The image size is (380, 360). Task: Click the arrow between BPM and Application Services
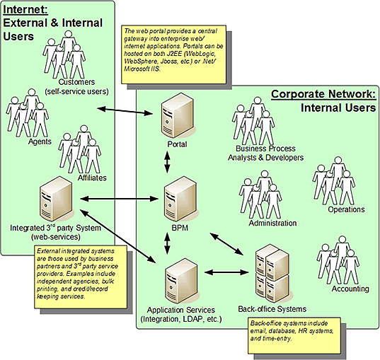pos(168,243)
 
